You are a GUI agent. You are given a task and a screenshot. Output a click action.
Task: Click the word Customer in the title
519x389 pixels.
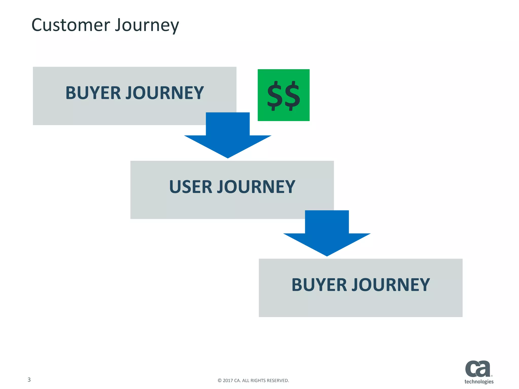pos(71,25)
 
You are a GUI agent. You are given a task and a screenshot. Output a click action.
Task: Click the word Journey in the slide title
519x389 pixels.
pos(147,26)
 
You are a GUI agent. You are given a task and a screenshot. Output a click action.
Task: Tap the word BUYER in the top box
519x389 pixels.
pos(93,93)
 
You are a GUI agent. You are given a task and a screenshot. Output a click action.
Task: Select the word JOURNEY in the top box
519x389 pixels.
pos(165,93)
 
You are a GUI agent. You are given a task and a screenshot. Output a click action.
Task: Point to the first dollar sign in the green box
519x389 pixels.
pos(275,96)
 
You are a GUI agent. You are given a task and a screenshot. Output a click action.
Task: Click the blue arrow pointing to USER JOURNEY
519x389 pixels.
pos(228,137)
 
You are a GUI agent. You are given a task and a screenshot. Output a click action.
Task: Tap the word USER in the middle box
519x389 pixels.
pos(190,187)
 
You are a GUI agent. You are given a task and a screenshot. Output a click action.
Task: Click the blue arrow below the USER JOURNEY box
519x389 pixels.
pos(327,234)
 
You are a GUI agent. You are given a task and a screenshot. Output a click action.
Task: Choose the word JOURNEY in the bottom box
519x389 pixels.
pos(391,285)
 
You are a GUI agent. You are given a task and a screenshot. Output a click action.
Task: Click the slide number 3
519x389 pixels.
pos(29,380)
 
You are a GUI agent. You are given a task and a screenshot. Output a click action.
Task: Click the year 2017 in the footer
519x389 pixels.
pos(228,380)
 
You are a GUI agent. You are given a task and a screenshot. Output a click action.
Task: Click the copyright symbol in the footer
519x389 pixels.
pos(219,380)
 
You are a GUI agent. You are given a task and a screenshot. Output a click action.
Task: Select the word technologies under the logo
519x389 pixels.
pos(479,381)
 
